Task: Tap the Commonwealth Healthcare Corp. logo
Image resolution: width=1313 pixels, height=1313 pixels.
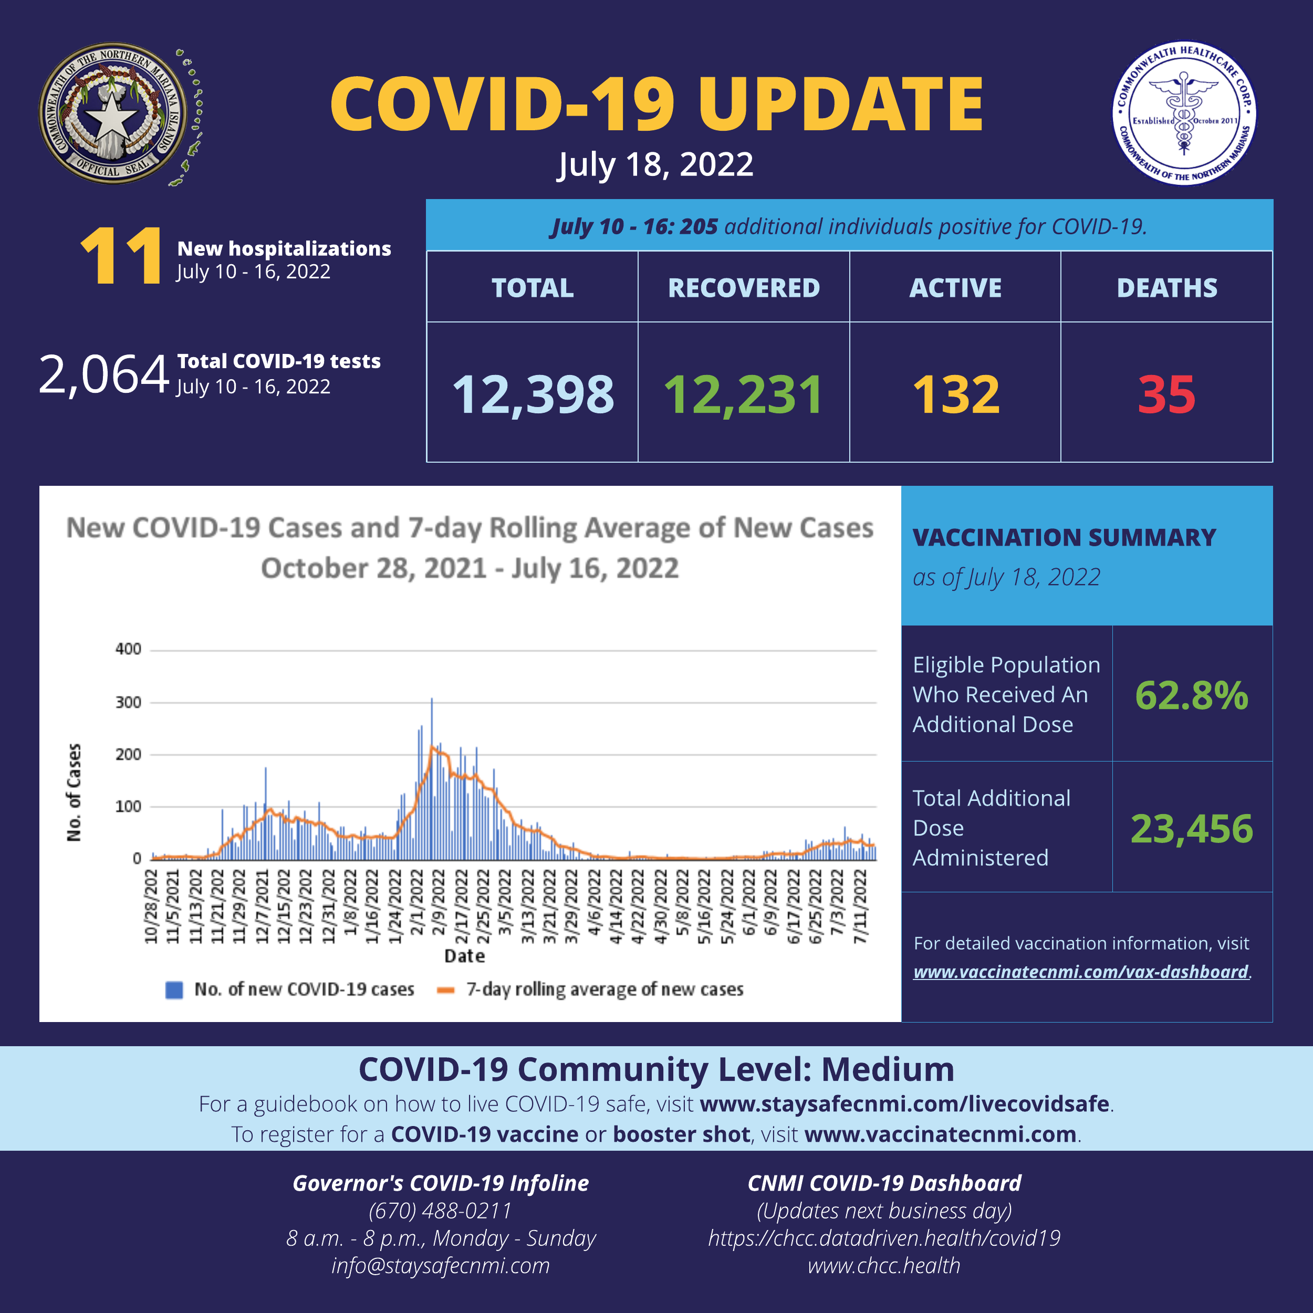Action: coord(1184,113)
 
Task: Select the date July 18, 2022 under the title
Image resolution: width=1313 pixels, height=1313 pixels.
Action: coord(655,165)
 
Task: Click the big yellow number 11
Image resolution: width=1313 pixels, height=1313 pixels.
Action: coord(121,256)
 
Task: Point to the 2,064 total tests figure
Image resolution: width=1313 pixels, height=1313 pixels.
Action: coord(103,374)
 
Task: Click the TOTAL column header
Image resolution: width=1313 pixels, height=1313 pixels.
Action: coord(532,288)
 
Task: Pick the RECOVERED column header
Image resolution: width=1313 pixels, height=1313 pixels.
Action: coord(744,288)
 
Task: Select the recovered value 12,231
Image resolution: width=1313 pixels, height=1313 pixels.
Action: coord(744,395)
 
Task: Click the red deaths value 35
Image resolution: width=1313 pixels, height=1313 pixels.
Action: coord(1166,395)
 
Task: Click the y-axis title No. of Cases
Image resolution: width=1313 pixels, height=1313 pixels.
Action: coord(74,793)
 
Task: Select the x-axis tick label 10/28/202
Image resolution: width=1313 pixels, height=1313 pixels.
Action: coord(151,906)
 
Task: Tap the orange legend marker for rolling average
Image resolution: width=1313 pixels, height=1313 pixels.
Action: coord(446,990)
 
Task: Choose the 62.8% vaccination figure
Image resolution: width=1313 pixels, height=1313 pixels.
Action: coord(1191,696)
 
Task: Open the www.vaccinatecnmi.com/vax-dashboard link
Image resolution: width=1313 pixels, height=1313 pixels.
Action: coord(1080,972)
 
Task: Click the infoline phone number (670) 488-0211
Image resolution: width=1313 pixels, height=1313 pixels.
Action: coord(441,1211)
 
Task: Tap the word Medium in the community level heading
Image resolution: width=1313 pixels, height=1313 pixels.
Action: coord(888,1070)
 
